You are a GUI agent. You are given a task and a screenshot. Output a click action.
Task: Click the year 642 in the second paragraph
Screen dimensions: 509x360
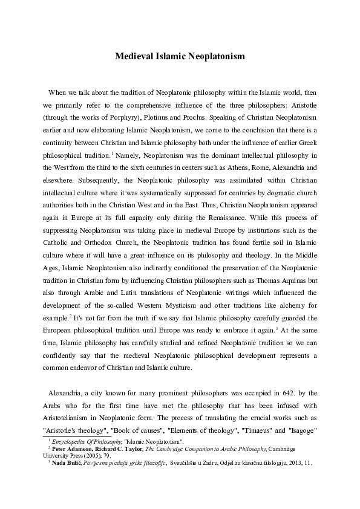[273, 393]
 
